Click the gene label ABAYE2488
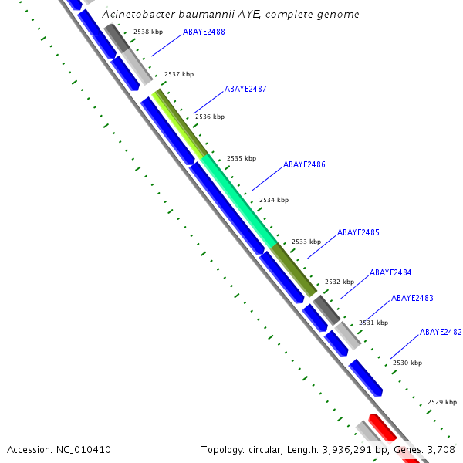(204, 32)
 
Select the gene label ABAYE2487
(245, 90)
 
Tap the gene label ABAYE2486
(304, 165)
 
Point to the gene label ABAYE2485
(358, 233)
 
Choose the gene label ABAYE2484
(390, 273)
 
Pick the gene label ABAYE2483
(412, 298)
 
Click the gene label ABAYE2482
(441, 332)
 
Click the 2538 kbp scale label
(147, 32)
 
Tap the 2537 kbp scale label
(179, 75)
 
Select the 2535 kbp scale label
(241, 158)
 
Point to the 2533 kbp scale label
(306, 242)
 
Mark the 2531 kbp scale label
(373, 323)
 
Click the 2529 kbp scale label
(442, 402)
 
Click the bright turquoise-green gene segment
(239, 198)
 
